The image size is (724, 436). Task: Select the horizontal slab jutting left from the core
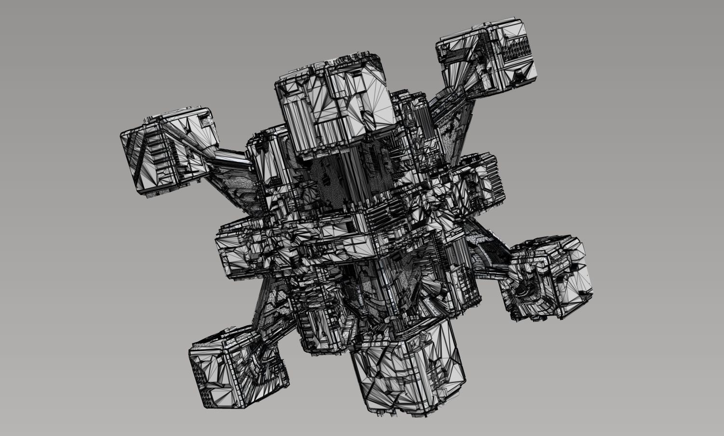click(x=241, y=251)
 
